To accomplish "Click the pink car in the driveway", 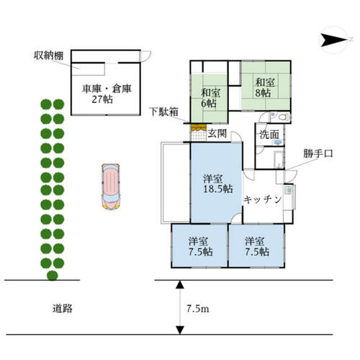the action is (111, 186).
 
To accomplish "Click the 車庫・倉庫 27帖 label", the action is (107, 94).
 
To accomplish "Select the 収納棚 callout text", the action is (48, 55).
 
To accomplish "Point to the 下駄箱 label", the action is (163, 112).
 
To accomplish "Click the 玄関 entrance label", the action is (217, 133).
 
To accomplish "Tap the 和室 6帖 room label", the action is (210, 98).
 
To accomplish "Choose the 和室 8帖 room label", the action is (265, 87).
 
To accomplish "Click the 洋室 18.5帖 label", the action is (217, 184).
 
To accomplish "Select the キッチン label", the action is (263, 199).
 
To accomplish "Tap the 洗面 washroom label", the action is (269, 135).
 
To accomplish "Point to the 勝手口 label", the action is (318, 153).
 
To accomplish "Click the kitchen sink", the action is (288, 191).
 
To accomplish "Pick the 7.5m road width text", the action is (198, 309).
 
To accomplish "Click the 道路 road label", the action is (62, 308).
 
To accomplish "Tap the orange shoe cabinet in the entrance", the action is (199, 127).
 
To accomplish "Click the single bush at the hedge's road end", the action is (53, 275).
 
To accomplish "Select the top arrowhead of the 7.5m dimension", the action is (180, 284).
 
